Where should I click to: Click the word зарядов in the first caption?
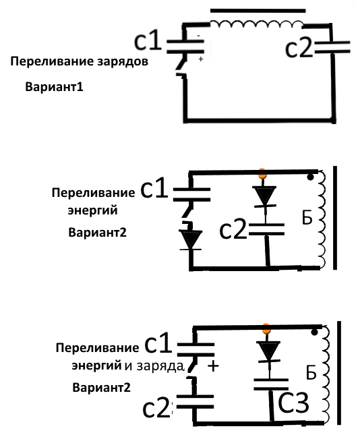123,61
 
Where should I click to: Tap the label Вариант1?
55,87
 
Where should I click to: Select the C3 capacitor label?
293,402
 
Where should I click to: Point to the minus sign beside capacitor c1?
198,36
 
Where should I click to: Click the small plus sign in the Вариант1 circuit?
201,59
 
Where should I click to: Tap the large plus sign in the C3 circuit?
213,366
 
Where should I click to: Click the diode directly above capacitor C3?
269,352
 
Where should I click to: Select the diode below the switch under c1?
191,240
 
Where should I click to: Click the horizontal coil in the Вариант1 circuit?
256,24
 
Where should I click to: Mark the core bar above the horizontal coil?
258,11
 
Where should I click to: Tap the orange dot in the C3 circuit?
266,329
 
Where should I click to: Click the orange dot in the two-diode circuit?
262,173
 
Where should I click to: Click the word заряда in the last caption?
160,366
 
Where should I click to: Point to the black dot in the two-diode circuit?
310,177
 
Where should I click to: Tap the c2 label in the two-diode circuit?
233,229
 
